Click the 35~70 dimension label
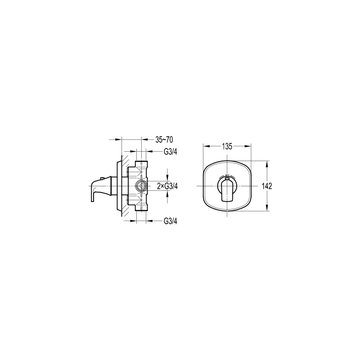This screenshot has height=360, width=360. coord(164,139)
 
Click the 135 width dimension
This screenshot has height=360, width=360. coord(226,146)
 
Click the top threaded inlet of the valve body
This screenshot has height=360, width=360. coord(142,163)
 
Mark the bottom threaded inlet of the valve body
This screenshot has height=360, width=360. coord(142,208)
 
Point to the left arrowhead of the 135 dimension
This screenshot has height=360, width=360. coord(205,146)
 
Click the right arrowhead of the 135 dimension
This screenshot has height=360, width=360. coord(249,146)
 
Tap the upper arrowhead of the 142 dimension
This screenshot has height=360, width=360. coord(268,163)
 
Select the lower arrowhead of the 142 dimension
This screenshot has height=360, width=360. coord(268,209)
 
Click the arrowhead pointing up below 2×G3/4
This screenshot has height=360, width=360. coord(167,193)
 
